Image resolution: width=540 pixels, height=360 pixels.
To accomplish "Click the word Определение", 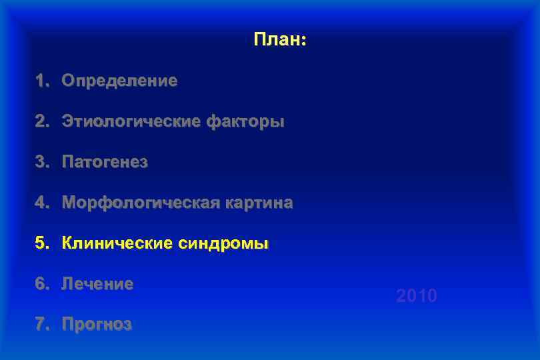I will click(x=119, y=81).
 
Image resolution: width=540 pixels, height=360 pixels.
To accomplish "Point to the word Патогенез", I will click(x=105, y=162).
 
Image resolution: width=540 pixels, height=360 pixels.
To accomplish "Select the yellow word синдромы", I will click(x=223, y=243).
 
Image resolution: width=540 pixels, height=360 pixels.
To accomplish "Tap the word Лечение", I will click(x=97, y=284).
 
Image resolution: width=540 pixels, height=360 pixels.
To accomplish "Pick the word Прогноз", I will click(x=97, y=325).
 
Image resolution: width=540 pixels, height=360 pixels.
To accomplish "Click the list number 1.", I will click(x=41, y=81).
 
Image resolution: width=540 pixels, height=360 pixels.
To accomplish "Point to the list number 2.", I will click(x=41, y=122).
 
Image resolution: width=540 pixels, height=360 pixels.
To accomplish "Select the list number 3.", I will click(x=41, y=162).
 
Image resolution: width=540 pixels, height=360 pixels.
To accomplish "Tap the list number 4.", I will click(x=41, y=203).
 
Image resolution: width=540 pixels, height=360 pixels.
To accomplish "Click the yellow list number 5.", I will click(x=41, y=243).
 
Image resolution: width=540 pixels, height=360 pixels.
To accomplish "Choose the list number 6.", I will click(x=41, y=284).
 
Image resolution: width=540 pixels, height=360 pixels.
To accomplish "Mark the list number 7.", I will click(x=41, y=325).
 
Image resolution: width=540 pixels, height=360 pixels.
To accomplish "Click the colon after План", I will click(x=304, y=42).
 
